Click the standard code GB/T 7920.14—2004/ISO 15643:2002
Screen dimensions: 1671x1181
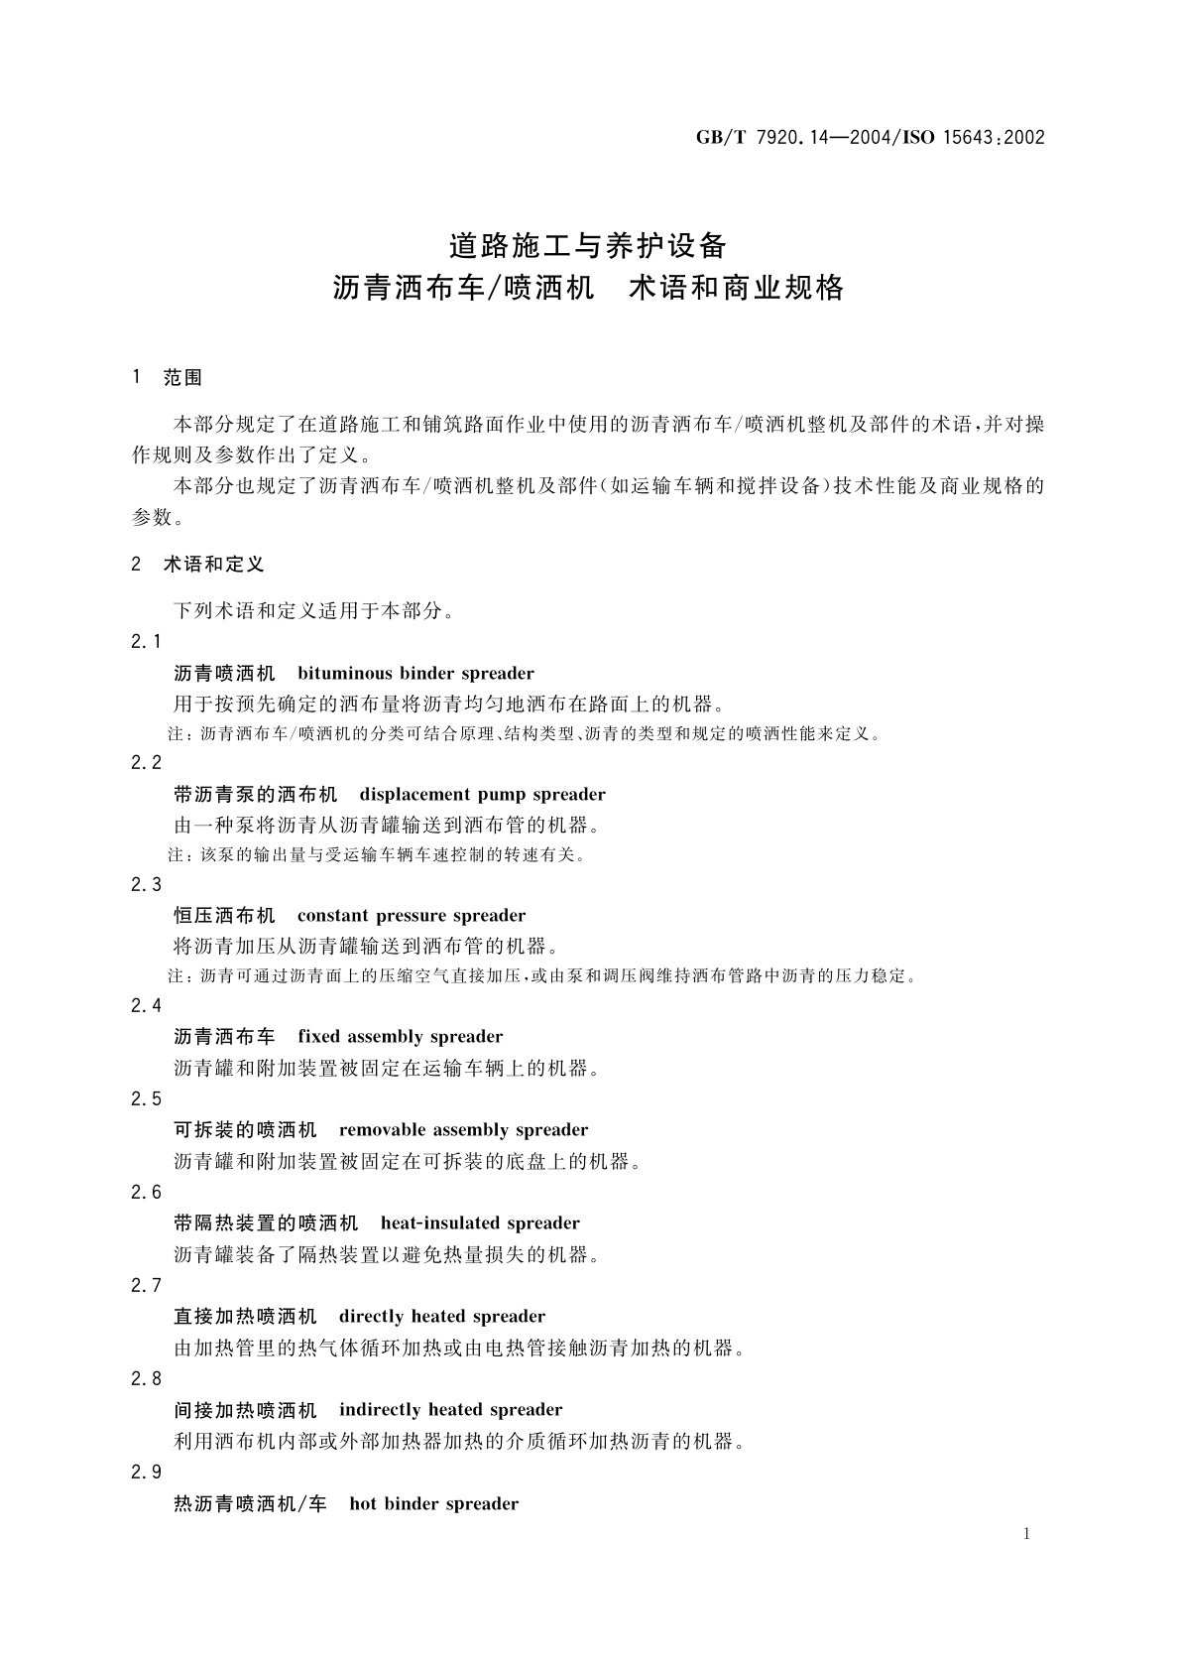coord(870,138)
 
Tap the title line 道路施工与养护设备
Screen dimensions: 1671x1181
coord(589,244)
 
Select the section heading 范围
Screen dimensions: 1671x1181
coord(182,378)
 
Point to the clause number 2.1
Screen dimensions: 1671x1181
coord(146,642)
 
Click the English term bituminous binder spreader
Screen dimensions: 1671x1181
coord(415,674)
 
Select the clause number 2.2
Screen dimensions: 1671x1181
coord(146,763)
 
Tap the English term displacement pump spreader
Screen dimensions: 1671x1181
coord(482,795)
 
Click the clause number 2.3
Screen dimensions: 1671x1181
coord(146,884)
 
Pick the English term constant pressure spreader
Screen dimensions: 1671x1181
coord(412,916)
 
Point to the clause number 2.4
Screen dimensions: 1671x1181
coord(146,1005)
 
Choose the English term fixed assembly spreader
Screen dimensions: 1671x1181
coord(400,1037)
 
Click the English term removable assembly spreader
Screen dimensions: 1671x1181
coord(463,1130)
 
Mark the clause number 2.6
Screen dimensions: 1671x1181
coord(146,1192)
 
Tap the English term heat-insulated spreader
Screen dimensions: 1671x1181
coord(480,1223)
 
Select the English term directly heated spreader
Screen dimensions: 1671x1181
coord(441,1317)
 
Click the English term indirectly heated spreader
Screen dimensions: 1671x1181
coord(450,1410)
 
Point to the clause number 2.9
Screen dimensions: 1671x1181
coord(146,1472)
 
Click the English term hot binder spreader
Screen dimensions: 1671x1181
coord(433,1503)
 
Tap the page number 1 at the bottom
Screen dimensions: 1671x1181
coord(1026,1534)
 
